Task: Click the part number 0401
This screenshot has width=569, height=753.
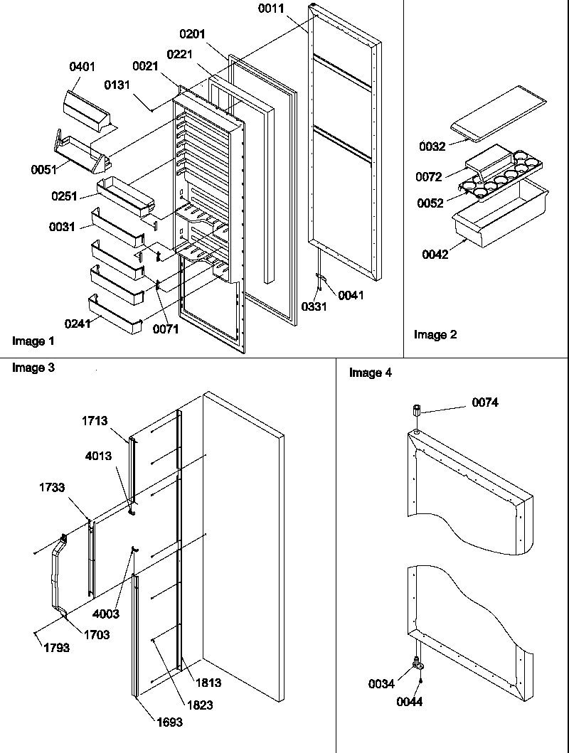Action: click(83, 68)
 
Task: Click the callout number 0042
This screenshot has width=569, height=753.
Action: click(435, 254)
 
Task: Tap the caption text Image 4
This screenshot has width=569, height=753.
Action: click(371, 373)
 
